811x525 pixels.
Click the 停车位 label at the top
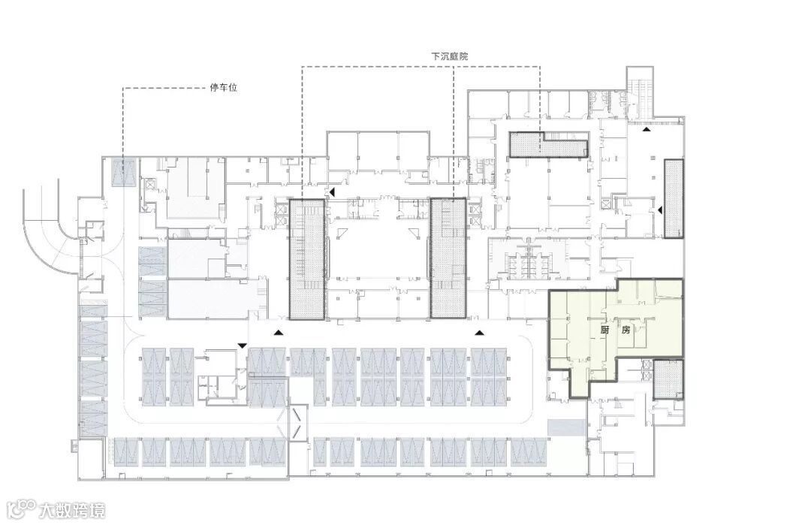tap(224, 87)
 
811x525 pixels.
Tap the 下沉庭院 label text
tap(450, 56)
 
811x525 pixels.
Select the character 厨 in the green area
tap(604, 330)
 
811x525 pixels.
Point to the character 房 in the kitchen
tap(626, 330)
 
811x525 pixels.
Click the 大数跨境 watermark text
tap(72, 510)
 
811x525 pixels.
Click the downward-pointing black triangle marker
tap(242, 345)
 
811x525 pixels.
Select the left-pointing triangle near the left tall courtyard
tap(333, 192)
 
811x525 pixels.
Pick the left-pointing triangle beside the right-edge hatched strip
tap(660, 210)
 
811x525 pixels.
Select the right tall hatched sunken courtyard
tap(448, 258)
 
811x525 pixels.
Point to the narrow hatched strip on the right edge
tap(674, 198)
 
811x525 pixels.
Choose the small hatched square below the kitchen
tap(668, 379)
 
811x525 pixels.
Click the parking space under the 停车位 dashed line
tap(124, 172)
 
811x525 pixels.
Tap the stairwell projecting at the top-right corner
tap(641, 92)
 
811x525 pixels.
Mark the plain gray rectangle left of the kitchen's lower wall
tap(566, 427)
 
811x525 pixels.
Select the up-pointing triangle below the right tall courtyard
tap(479, 332)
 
